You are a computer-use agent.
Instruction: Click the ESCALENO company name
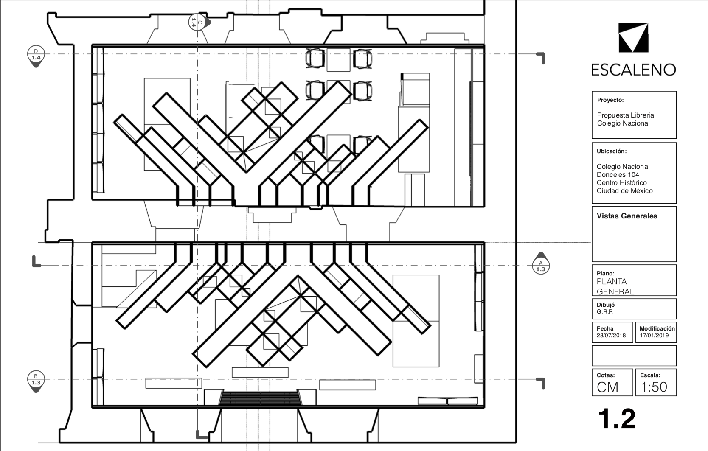click(633, 70)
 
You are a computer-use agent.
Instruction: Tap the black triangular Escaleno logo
click(633, 38)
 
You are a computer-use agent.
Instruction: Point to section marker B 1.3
click(36, 381)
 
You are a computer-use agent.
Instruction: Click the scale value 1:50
click(654, 387)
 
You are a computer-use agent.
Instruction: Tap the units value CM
click(607, 387)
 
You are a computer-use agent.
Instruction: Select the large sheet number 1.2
click(617, 419)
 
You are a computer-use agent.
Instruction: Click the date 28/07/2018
click(611, 336)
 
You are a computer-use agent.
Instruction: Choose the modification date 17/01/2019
click(654, 336)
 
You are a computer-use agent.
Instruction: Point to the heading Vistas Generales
click(627, 216)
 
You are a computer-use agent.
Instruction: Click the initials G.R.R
click(605, 312)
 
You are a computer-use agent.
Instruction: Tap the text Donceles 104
click(618, 175)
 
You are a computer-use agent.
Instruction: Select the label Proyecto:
click(610, 100)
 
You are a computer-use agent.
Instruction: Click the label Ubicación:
click(612, 151)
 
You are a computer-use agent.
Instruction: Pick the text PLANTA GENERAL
click(615, 286)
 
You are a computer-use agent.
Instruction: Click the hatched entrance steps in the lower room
click(260, 398)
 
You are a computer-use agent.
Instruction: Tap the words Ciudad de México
click(624, 191)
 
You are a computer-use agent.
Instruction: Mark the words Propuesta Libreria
click(625, 115)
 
